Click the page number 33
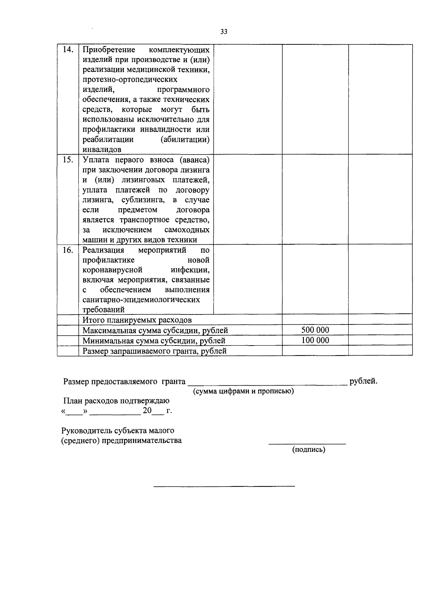[224, 32]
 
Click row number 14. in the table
[68, 50]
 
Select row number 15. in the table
[68, 160]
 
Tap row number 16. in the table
[68, 250]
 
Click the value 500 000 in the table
[315, 330]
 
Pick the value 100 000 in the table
[315, 340]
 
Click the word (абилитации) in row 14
[185, 140]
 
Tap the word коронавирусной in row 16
[113, 270]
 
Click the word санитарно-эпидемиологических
[141, 299]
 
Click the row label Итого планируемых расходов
[137, 320]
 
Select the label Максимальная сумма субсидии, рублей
[155, 330]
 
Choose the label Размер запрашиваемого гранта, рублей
[154, 351]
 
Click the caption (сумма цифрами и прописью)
[243, 391]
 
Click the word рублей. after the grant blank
[363, 381]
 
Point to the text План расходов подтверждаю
[116, 401]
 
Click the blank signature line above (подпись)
[307, 444]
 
